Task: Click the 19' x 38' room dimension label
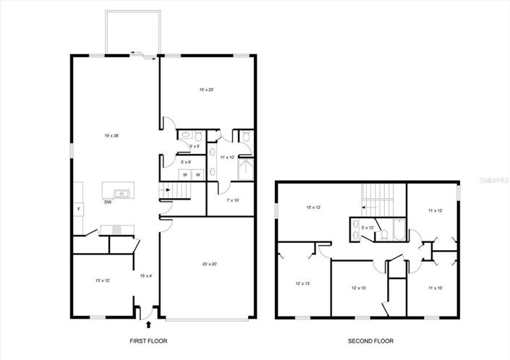click(x=111, y=135)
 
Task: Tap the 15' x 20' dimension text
click(x=206, y=90)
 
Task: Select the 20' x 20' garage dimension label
click(x=210, y=264)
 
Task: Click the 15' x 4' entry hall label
click(x=145, y=275)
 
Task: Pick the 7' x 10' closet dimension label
click(x=233, y=200)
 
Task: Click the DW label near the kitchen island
click(x=108, y=203)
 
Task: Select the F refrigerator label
click(x=79, y=209)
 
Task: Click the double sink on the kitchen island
click(x=121, y=193)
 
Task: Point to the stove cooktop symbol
click(x=116, y=231)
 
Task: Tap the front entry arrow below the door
click(x=140, y=325)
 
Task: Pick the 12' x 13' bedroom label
click(x=302, y=284)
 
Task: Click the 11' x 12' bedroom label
click(x=435, y=210)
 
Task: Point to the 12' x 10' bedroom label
click(x=360, y=288)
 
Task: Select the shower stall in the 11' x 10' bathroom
click(x=246, y=168)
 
